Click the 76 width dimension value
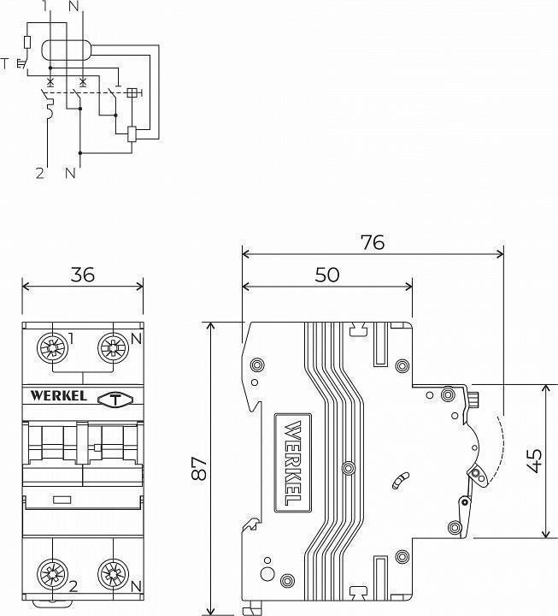[x=372, y=242]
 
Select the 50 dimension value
[x=326, y=274]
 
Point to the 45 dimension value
[x=536, y=461]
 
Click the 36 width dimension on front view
[x=82, y=274]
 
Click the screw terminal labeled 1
[x=53, y=346]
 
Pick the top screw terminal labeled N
[x=111, y=346]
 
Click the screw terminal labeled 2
[x=53, y=572]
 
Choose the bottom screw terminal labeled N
[x=111, y=572]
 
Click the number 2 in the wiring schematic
[x=39, y=173]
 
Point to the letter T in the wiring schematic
[x=7, y=62]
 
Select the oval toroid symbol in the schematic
[x=66, y=51]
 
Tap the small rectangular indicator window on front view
[x=62, y=499]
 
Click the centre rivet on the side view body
[x=346, y=469]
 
